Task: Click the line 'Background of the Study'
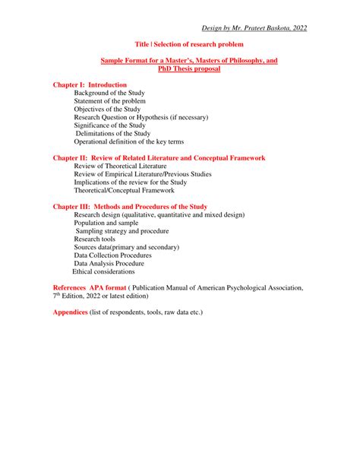pos(109,93)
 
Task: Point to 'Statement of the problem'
pos(110,101)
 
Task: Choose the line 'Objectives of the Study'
pos(108,109)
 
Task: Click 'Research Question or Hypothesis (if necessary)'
pos(141,118)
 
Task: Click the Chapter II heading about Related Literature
pos(159,158)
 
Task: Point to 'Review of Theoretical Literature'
pos(120,166)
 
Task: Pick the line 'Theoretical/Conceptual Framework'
pos(124,191)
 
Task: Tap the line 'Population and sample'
pos(106,223)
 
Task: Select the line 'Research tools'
pos(95,239)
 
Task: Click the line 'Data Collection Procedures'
pos(112,255)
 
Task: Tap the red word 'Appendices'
pos(70,312)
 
